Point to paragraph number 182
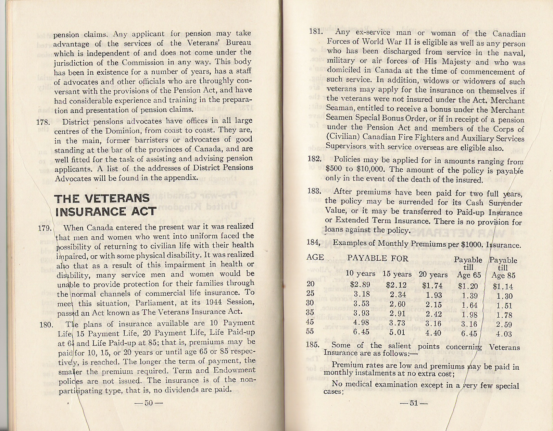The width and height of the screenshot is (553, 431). (314, 160)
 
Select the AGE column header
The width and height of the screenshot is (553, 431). (315, 257)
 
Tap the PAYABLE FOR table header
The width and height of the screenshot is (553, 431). (378, 258)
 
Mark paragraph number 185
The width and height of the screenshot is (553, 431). (312, 345)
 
